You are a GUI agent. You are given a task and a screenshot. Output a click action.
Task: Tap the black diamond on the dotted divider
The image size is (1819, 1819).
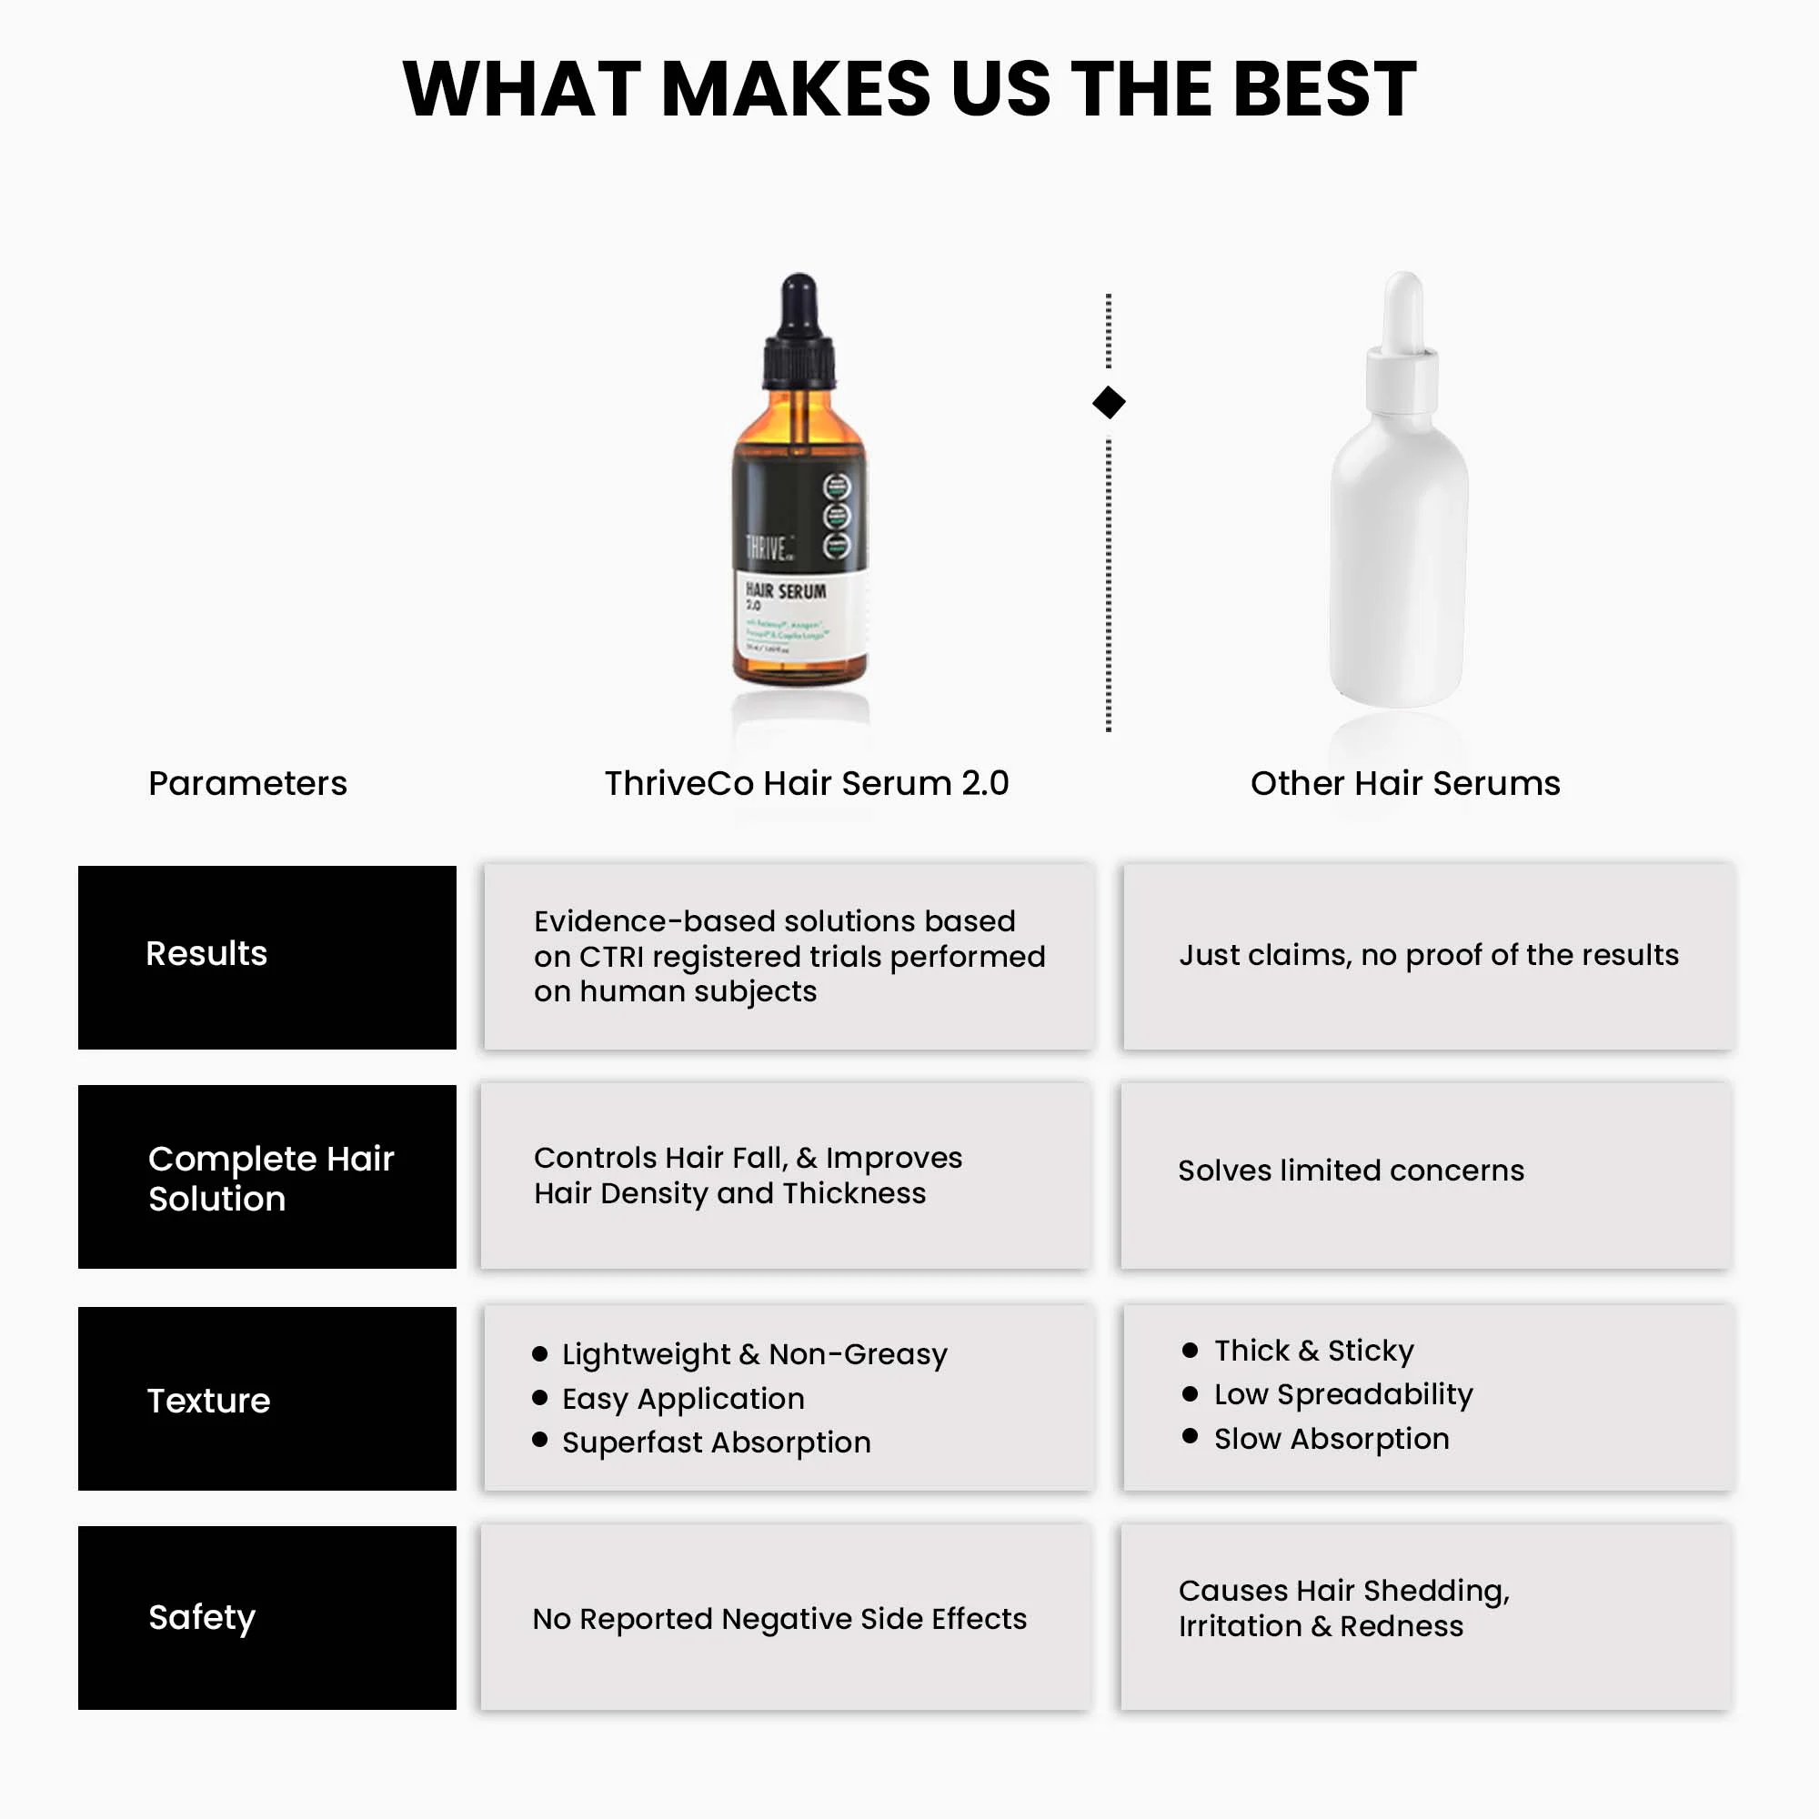tap(1108, 403)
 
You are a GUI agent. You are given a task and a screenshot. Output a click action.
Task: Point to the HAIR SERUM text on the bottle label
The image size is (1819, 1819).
tap(786, 591)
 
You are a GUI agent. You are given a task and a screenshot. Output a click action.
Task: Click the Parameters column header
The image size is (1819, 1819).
tap(247, 783)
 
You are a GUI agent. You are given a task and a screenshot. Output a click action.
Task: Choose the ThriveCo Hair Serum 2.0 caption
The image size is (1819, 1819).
tap(806, 783)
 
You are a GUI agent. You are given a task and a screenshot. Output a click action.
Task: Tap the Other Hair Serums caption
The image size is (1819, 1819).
tap(1405, 783)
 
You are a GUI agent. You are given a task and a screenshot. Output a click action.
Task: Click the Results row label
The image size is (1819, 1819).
tap(206, 954)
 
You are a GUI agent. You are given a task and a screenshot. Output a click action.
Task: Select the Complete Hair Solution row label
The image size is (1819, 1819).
tap(270, 1178)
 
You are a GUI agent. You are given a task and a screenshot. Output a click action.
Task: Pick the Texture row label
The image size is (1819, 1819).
tap(208, 1401)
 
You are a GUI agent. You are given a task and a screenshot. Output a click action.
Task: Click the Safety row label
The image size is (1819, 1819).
tap(202, 1617)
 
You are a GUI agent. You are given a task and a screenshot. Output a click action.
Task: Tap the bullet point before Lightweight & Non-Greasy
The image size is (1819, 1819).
tap(539, 1354)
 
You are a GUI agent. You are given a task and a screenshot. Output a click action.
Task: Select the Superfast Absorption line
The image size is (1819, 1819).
tap(716, 1442)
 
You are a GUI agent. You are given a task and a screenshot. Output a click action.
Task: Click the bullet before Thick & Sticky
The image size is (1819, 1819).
tap(1189, 1350)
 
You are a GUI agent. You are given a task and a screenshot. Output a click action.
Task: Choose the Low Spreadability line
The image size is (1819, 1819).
tap(1342, 1394)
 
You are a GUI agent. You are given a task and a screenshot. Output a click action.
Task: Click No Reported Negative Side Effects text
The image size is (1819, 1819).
tap(779, 1619)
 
